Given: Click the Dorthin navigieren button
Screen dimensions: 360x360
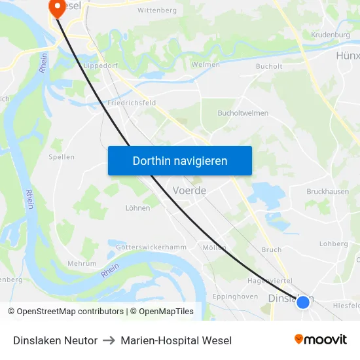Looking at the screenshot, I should (180, 161).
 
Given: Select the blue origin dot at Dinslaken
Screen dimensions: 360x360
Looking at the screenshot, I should (303, 302).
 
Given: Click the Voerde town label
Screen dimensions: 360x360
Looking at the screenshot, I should (189, 190).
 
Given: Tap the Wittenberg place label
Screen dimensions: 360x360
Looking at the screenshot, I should (157, 10).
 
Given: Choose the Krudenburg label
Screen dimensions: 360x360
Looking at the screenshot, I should (331, 35).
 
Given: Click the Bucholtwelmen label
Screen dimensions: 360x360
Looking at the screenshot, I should (243, 113).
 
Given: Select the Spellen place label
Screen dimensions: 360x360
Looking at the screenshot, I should (62, 157).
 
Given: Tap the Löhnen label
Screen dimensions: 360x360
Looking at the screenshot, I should (137, 208).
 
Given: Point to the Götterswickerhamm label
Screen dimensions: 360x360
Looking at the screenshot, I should (151, 247).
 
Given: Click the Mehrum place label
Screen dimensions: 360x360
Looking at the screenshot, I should (82, 264).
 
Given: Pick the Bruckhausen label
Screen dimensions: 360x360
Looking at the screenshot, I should (327, 192).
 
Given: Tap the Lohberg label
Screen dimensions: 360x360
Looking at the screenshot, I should (333, 243).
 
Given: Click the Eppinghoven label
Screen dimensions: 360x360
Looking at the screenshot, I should (235, 297).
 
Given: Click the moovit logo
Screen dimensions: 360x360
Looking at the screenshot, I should (321, 339).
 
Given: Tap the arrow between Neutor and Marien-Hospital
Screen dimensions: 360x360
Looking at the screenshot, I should (109, 340).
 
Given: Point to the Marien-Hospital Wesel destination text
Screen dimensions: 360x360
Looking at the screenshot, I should (176, 340).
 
